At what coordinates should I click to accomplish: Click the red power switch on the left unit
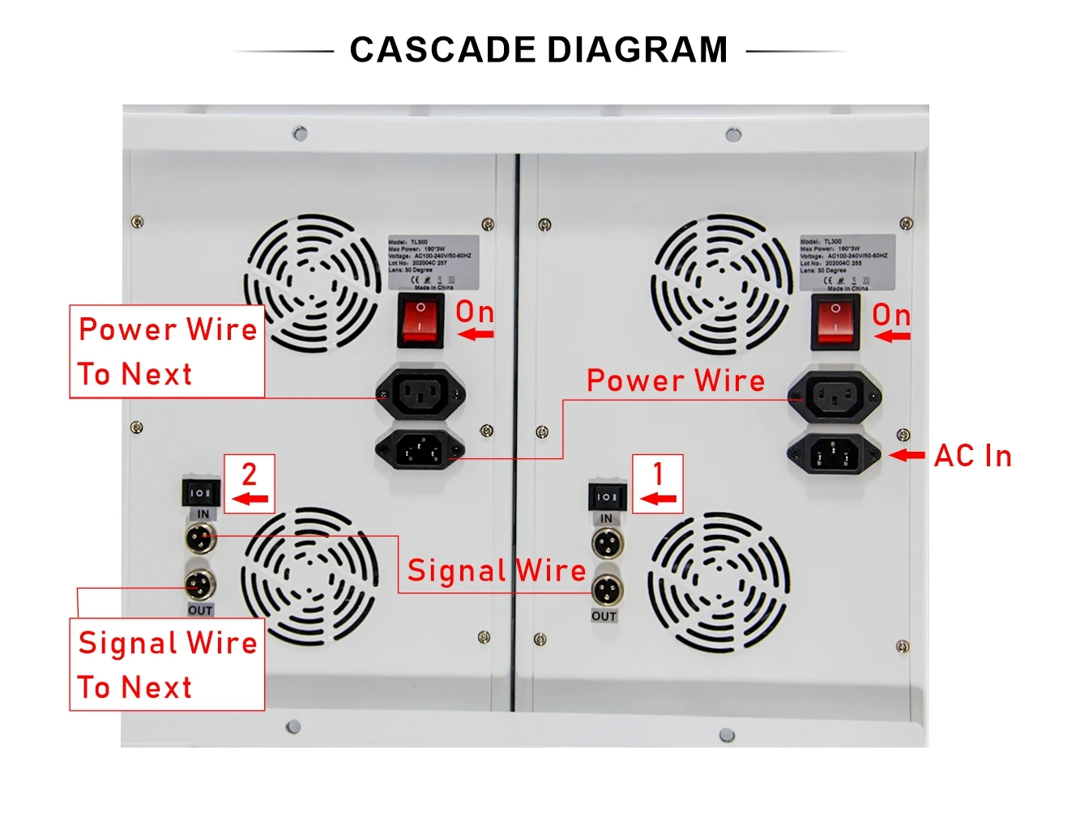click(420, 321)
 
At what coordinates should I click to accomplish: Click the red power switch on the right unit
click(835, 323)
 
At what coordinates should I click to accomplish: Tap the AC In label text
click(972, 456)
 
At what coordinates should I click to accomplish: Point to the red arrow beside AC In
click(907, 456)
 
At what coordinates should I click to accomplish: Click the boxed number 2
click(250, 474)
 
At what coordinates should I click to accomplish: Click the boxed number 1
click(658, 474)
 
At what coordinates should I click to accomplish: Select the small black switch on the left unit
click(201, 492)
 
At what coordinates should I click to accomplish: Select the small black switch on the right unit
click(607, 495)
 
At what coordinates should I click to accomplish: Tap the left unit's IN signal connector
click(201, 537)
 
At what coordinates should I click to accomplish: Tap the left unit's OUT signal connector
click(200, 584)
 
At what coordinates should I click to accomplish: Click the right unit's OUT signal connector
click(607, 590)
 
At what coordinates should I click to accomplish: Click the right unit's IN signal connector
click(607, 543)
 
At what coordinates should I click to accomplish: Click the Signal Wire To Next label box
click(167, 665)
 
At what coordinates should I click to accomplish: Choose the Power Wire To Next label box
click(167, 351)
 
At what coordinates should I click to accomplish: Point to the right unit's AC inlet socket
click(834, 454)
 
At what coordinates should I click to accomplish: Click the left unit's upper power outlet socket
click(420, 394)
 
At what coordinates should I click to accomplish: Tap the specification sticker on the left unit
click(433, 263)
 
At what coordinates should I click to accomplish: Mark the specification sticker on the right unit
click(847, 263)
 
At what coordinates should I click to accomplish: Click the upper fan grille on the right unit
click(721, 283)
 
